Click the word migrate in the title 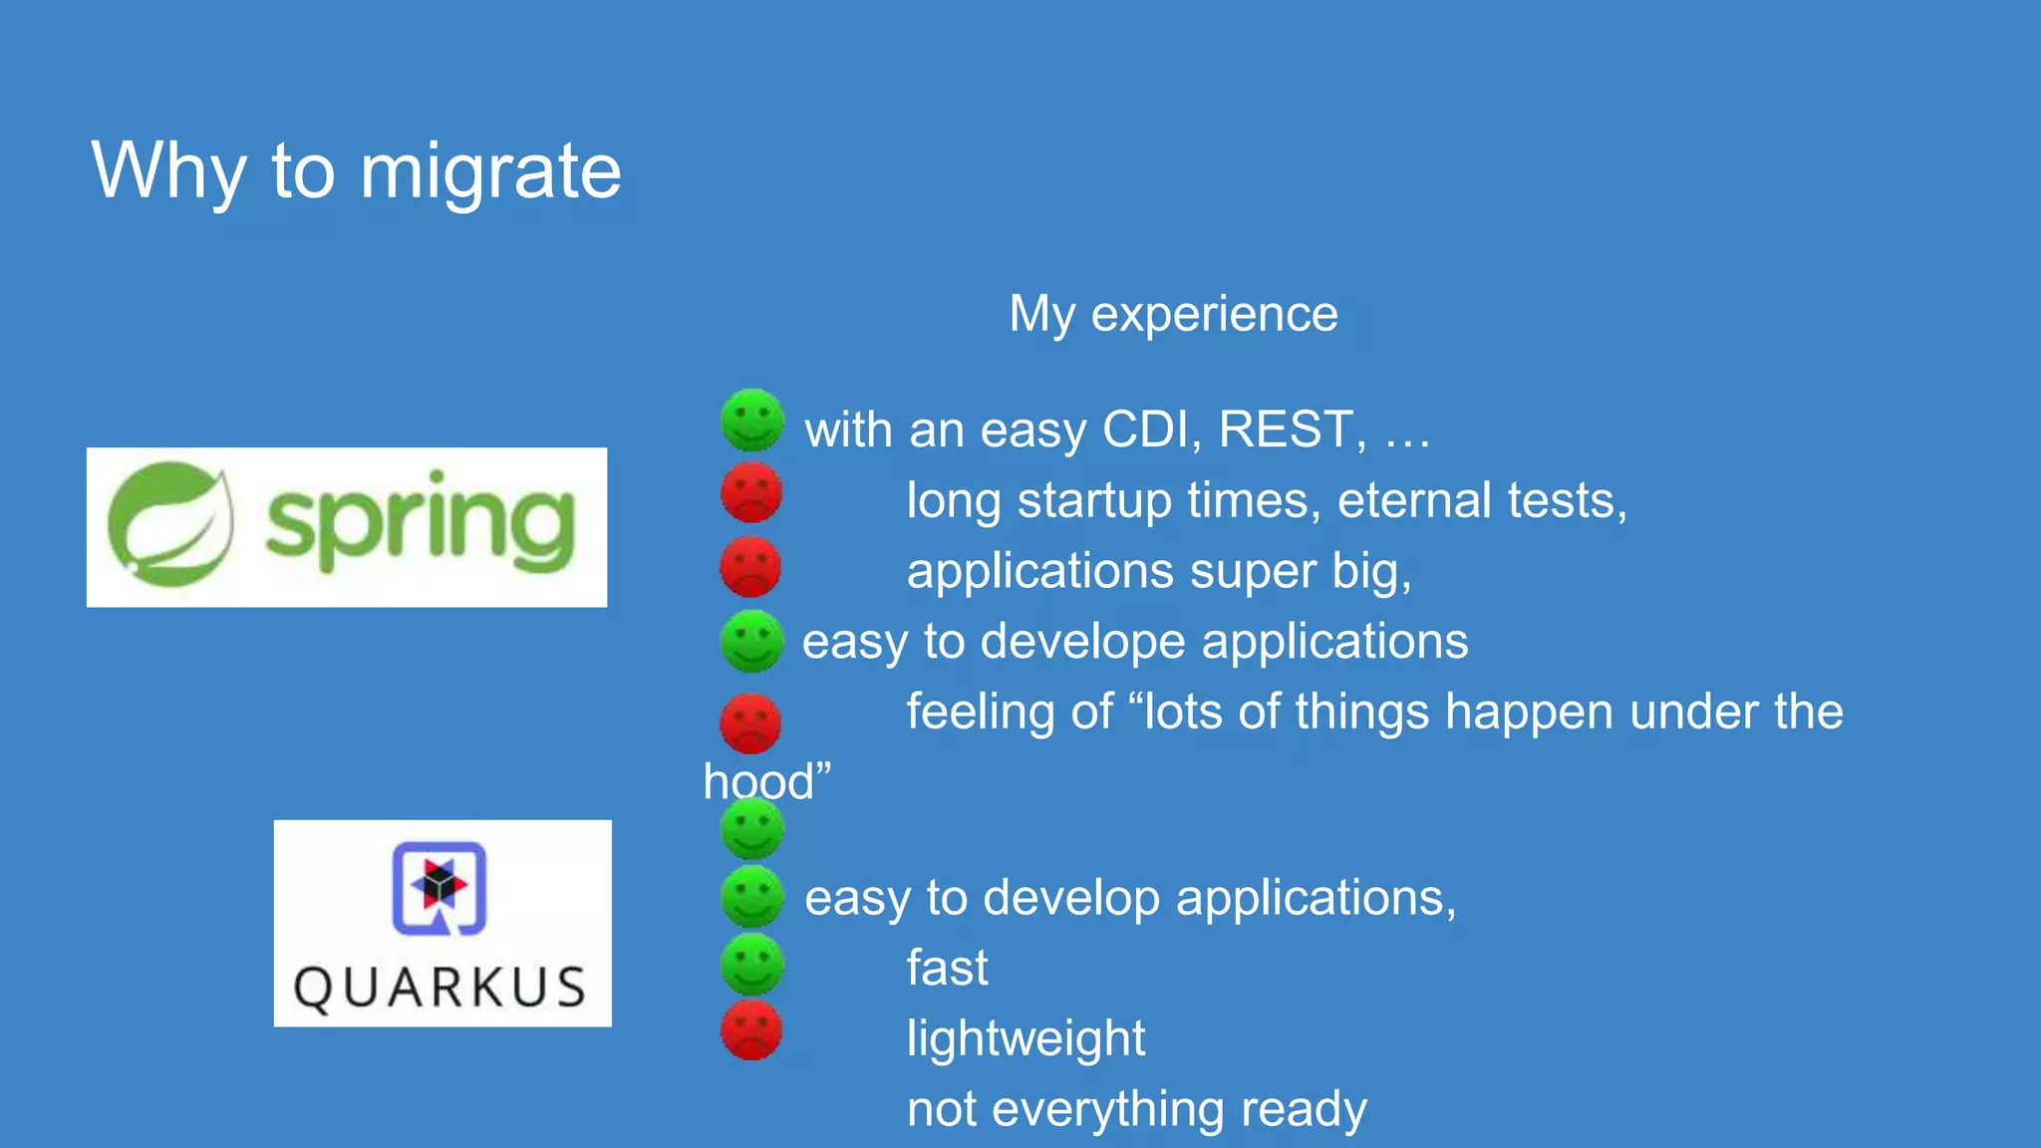click(490, 171)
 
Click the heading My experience click(1173, 314)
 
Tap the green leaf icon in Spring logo click(170, 525)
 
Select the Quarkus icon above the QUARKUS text click(438, 888)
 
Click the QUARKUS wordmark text click(440, 988)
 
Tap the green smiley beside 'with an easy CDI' click(752, 420)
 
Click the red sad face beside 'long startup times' click(751, 491)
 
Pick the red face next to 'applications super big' click(750, 566)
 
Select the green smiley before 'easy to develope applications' click(751, 641)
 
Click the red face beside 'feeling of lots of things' click(750, 722)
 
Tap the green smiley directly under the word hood click(752, 829)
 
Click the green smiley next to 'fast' click(752, 964)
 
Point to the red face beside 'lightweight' click(751, 1029)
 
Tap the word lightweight click(1025, 1038)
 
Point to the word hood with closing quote click(766, 781)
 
